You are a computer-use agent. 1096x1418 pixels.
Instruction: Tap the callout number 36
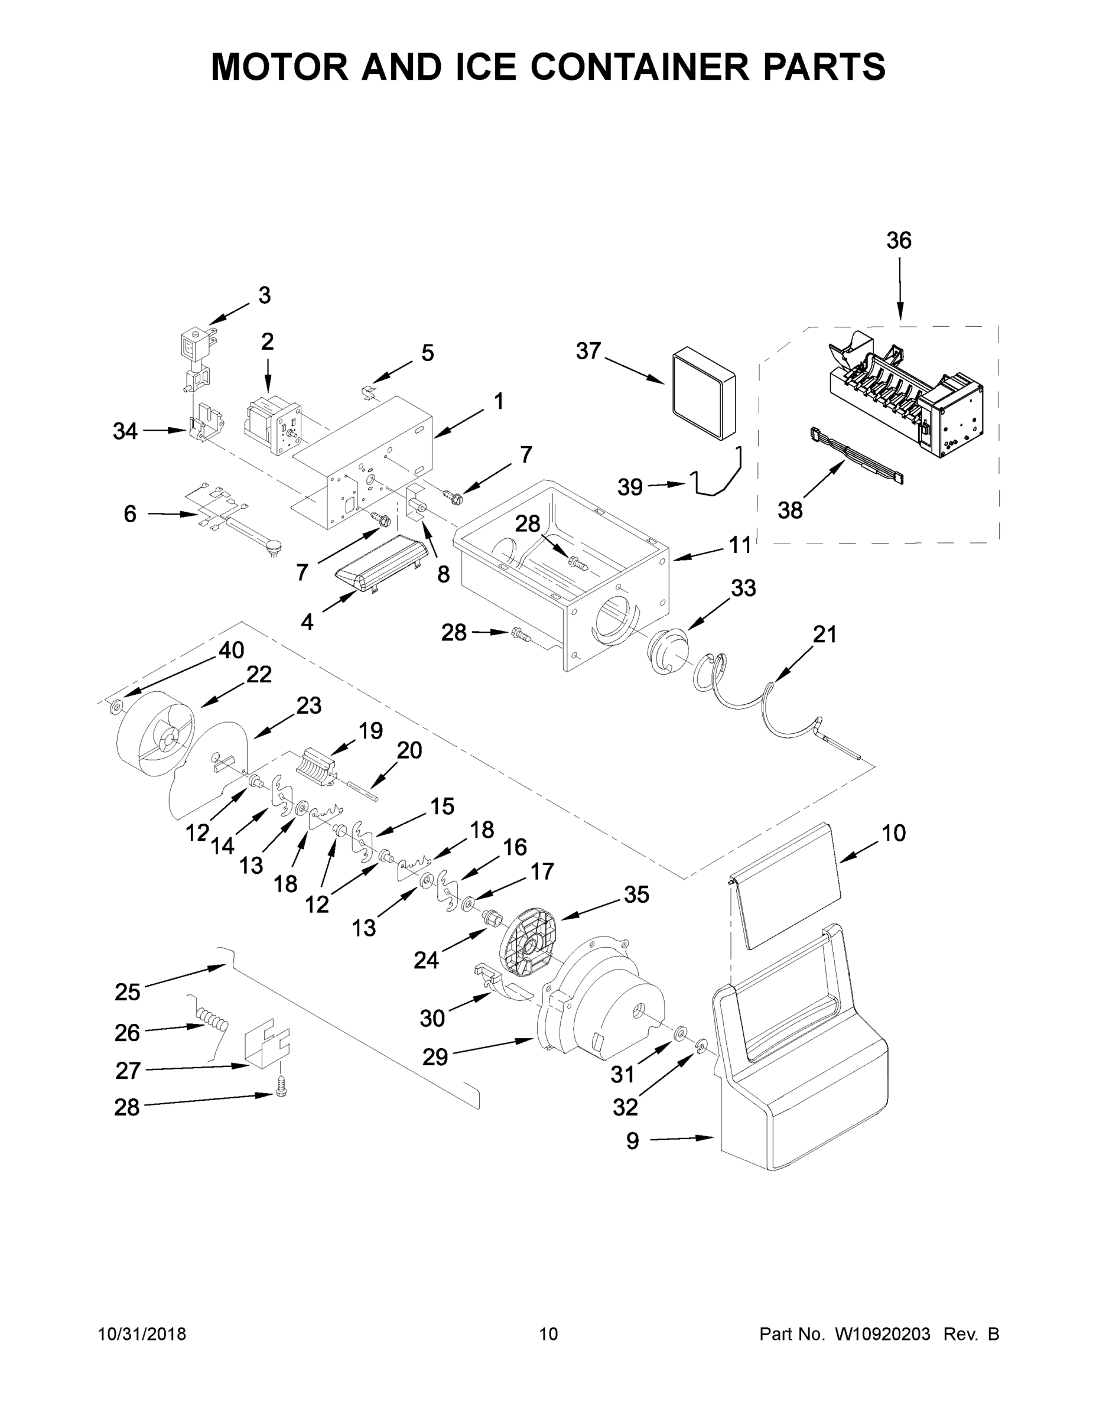pos(899,241)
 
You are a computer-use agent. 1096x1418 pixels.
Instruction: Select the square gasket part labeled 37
pos(704,393)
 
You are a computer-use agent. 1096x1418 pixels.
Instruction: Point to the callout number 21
pos(825,635)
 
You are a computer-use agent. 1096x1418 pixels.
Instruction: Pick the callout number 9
pos(632,1141)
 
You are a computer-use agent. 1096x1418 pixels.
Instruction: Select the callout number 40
pos(231,650)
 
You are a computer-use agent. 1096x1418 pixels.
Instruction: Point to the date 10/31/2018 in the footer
pos(142,1334)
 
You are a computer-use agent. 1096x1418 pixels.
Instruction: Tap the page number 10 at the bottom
pos(548,1334)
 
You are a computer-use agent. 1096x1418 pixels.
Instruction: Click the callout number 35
pos(636,895)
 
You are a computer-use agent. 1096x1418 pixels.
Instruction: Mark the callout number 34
pos(125,431)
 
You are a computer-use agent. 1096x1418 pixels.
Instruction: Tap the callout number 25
pos(127,992)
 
